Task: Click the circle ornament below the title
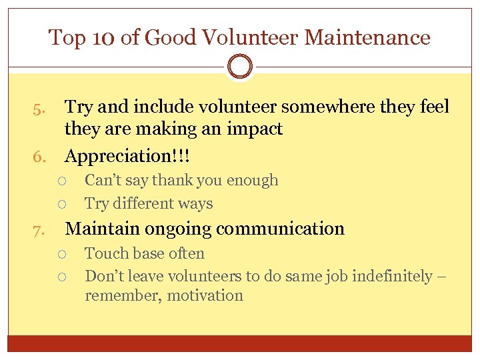(240, 67)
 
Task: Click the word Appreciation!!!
(127, 157)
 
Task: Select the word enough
(253, 181)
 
